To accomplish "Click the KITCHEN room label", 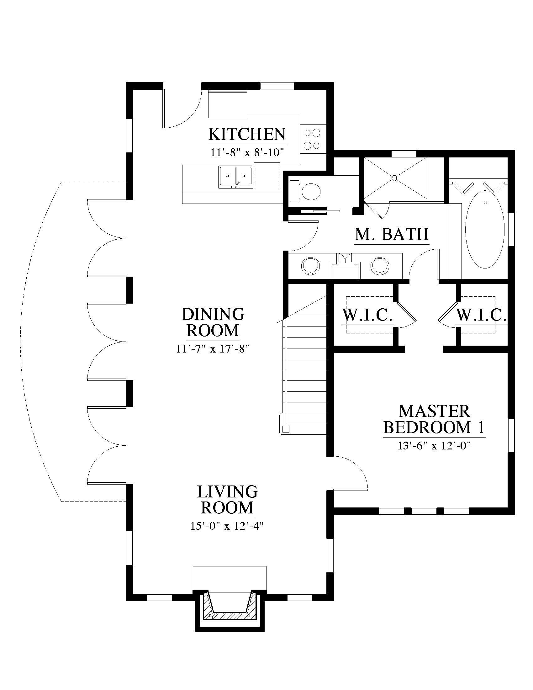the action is pos(247,134).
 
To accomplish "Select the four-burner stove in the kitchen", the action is pos(313,139).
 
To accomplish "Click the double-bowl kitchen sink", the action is pos(235,177).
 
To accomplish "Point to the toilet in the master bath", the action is pos(305,191).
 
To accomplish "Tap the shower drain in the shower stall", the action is pos(394,178).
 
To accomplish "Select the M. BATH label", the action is pos(392,234).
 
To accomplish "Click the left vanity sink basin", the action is pos(311,266).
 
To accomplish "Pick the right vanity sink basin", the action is pos(380,266).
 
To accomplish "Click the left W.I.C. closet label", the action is pos(367,315).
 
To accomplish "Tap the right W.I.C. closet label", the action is pos(482,315).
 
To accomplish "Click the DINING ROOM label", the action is pos(213,322).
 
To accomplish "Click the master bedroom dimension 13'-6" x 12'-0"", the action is pos(434,446).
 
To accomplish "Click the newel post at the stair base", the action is pos(286,429).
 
